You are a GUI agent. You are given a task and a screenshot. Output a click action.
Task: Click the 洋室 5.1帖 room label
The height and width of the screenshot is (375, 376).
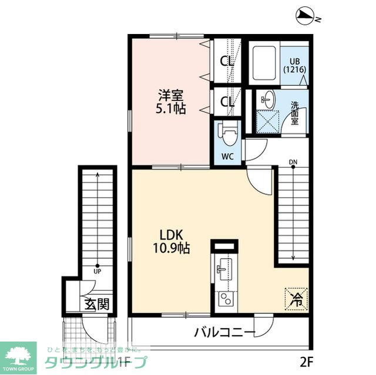(x=171, y=101)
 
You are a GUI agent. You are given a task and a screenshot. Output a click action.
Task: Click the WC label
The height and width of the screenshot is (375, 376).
(x=227, y=157)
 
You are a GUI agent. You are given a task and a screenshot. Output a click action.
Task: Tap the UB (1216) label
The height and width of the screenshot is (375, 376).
(x=294, y=65)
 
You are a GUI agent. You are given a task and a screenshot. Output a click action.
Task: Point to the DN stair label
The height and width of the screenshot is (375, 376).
(x=293, y=163)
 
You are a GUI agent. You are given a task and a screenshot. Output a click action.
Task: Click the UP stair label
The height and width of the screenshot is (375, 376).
(x=98, y=272)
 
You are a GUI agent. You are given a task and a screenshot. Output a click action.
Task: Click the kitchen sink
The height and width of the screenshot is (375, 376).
(x=223, y=269)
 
